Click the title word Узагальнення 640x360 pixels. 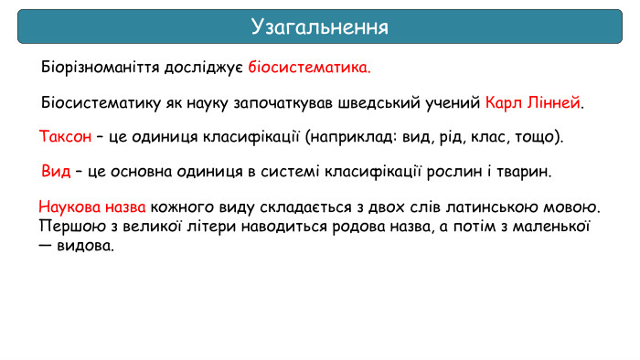[320, 26]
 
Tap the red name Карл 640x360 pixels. [503, 102]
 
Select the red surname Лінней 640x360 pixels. [553, 102]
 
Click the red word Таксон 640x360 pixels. [65, 137]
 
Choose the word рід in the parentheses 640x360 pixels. [442, 137]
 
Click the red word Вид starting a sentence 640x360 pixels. [56, 172]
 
